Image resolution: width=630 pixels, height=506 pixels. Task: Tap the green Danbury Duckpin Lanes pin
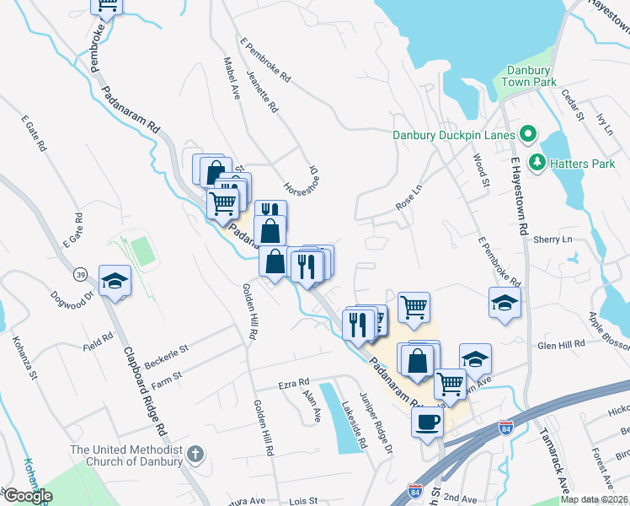tap(528, 133)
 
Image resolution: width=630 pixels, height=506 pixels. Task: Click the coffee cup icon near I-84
tap(427, 421)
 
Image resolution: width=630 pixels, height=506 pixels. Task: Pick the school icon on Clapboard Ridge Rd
tap(115, 281)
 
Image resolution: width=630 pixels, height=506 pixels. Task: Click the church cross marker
tap(195, 455)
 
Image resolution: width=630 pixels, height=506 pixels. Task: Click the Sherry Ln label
tap(553, 240)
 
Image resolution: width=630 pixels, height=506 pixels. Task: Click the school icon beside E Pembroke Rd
tap(505, 303)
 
